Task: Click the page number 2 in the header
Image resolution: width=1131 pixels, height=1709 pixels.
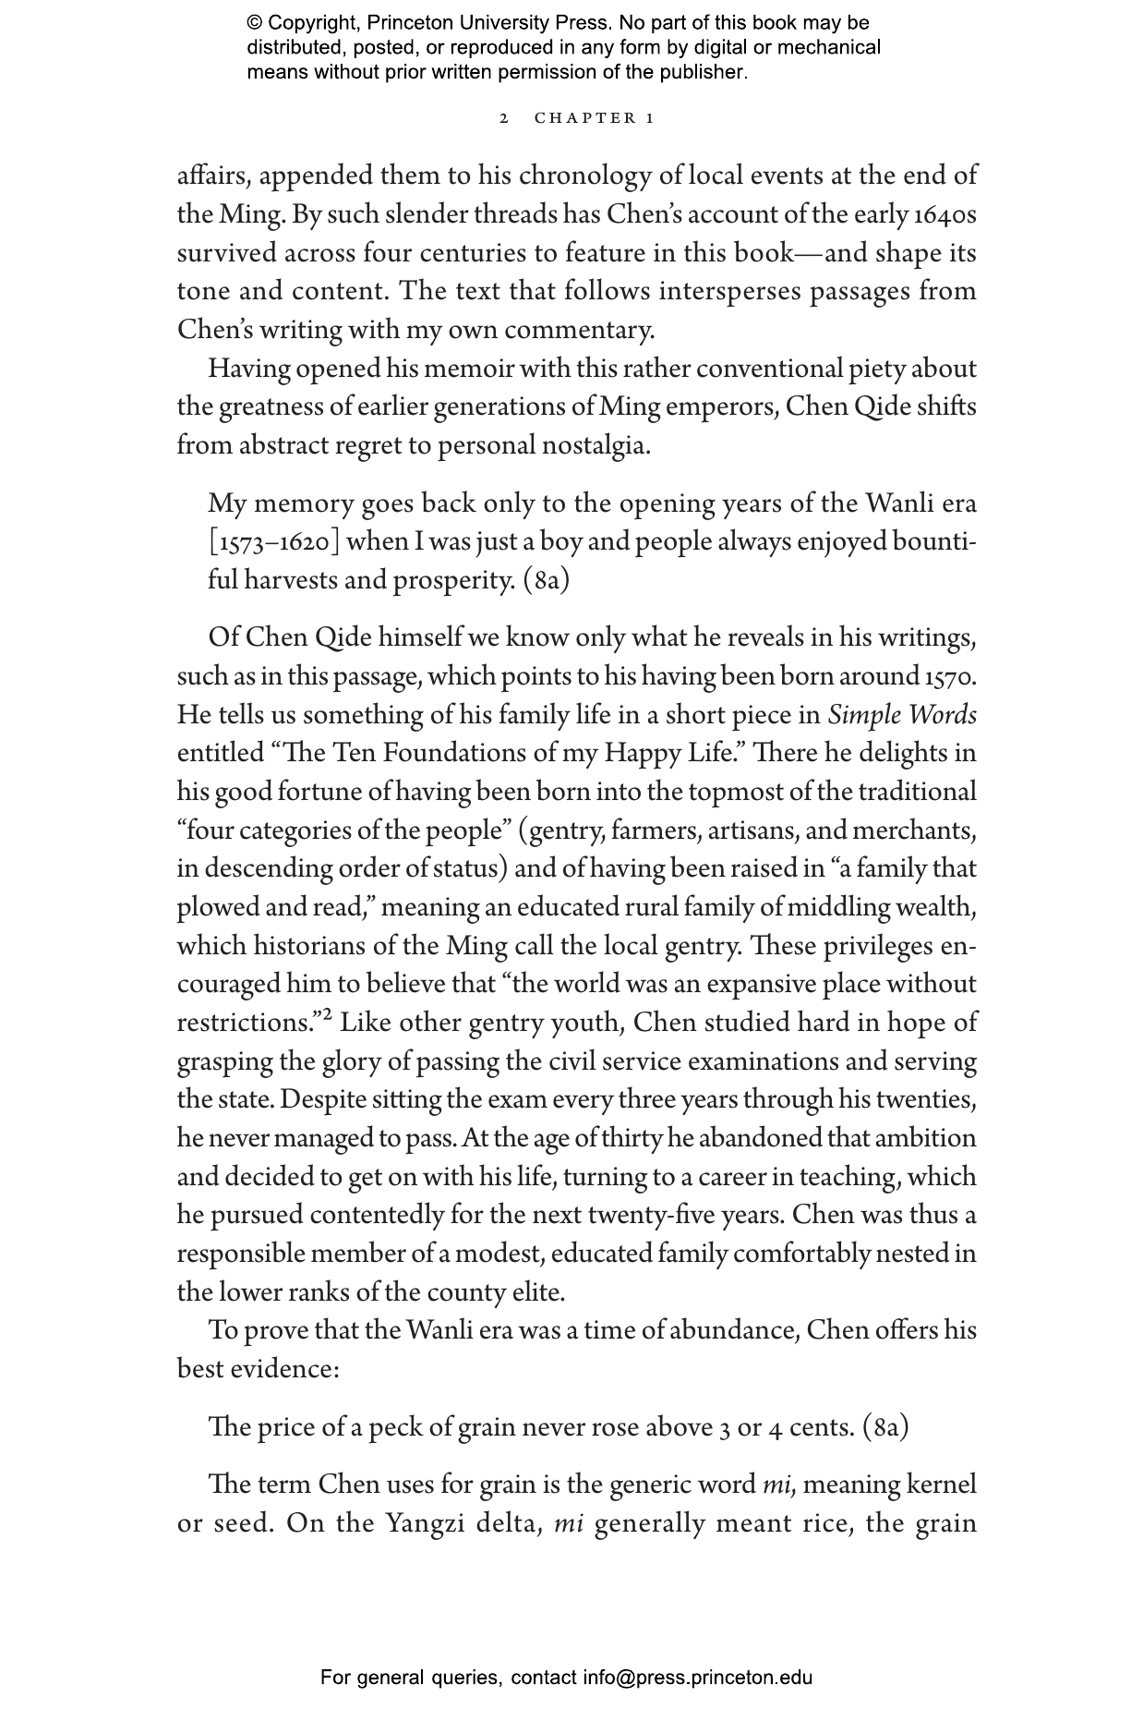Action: coord(503,118)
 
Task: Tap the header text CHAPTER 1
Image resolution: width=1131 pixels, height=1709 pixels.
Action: coord(595,118)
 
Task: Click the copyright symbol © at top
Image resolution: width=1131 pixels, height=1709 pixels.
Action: coord(255,23)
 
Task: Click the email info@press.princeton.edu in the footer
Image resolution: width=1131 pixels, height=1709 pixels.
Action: coord(697,1678)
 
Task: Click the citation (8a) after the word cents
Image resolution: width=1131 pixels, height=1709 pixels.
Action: coord(885,1427)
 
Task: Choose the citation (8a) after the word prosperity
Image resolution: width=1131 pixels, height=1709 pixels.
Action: coord(546,580)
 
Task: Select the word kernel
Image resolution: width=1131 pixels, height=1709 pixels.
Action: coord(941,1485)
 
